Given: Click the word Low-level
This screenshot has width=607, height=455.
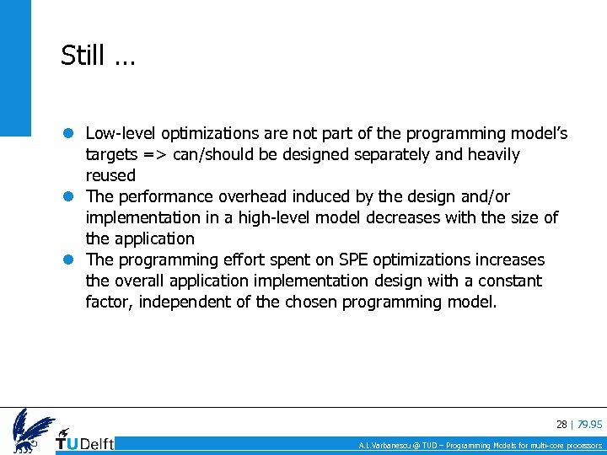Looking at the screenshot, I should pos(121,133).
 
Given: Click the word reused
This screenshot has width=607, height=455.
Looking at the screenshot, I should pos(110,175).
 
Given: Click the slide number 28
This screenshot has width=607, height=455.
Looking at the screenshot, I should pos(561,424).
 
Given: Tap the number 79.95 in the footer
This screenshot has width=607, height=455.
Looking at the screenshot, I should pos(589,424).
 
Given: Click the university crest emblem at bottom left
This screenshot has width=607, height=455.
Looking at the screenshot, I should pos(31,429).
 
